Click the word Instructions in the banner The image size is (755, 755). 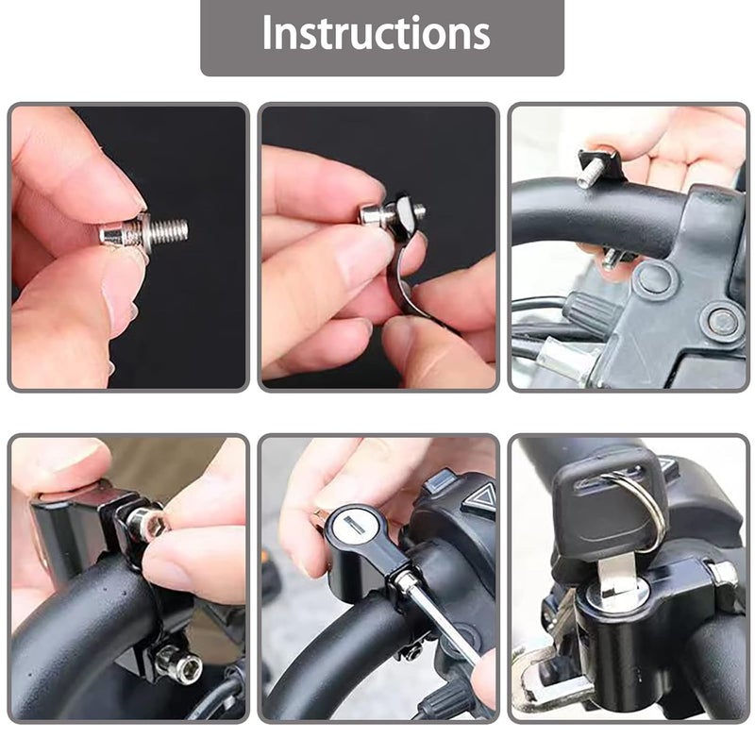(x=377, y=34)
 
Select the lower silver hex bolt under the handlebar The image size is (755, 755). (x=179, y=664)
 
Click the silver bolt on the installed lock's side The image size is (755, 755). (x=721, y=573)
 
